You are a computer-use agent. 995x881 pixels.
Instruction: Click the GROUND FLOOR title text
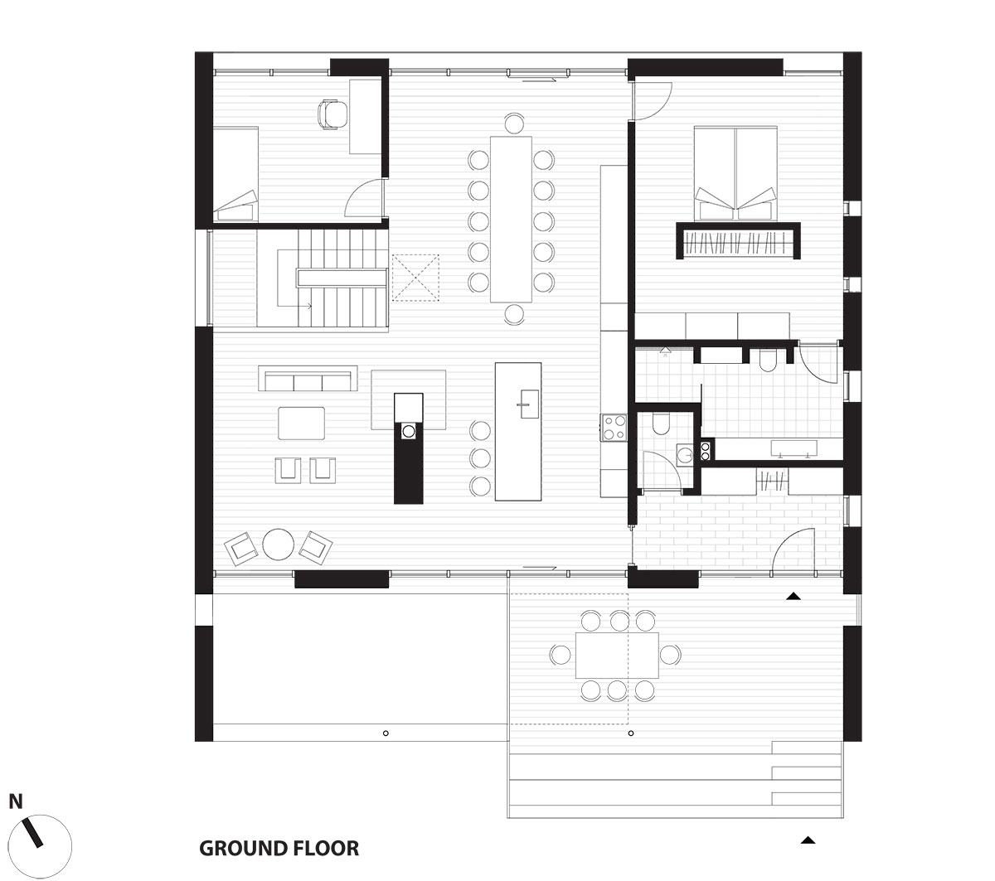279,849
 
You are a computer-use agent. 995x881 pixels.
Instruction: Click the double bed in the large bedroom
736,172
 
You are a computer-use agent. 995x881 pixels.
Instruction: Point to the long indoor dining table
512,218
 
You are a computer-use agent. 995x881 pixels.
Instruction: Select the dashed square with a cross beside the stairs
415,277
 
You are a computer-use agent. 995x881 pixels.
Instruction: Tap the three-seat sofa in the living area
308,380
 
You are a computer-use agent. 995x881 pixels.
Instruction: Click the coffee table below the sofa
302,423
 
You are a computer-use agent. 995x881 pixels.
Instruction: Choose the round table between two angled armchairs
278,545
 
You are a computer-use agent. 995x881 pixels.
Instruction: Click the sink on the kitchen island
524,405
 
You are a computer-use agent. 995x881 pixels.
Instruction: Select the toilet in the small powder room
662,425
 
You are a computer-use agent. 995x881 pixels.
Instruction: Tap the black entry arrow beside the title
808,840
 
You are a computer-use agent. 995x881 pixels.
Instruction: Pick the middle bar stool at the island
480,457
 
